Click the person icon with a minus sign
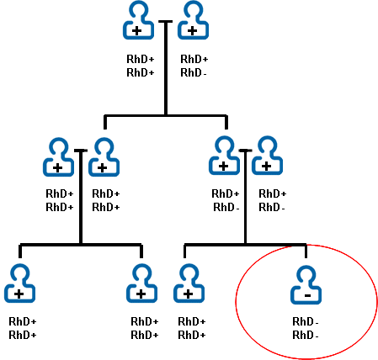click(x=306, y=285)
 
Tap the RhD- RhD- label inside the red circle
click(x=305, y=328)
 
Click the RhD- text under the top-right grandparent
click(x=194, y=71)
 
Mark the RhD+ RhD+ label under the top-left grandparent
click(x=140, y=66)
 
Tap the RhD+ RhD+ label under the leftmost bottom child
click(x=23, y=328)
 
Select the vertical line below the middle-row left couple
click(x=81, y=202)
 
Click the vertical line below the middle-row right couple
click(x=245, y=202)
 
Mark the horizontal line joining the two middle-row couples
click(x=165, y=115)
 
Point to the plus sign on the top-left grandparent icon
click(x=137, y=29)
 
